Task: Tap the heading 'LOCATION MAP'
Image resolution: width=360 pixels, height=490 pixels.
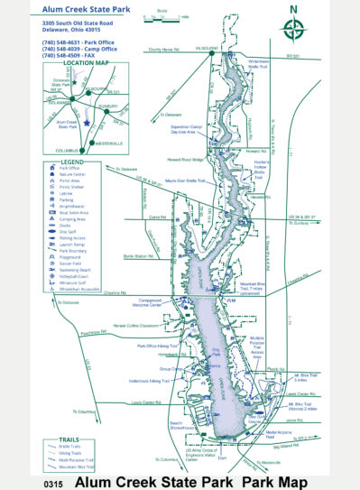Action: point(79,64)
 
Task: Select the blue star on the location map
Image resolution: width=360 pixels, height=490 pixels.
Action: point(86,122)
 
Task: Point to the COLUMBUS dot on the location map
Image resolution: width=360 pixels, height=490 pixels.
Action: point(82,150)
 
